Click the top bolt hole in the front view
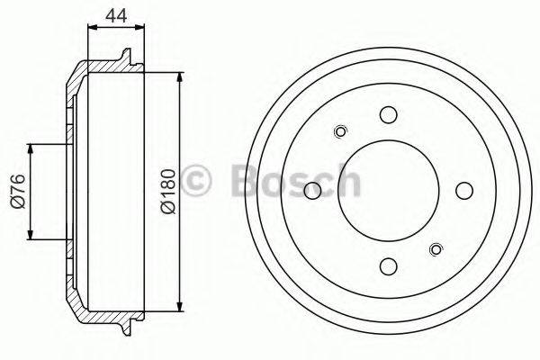click(388, 115)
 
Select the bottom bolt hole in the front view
click(388, 266)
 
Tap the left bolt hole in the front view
click(312, 191)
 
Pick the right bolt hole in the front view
click(463, 191)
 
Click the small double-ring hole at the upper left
click(340, 133)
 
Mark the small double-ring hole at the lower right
click(436, 249)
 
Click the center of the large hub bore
click(388, 191)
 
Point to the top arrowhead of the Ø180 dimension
click(181, 75)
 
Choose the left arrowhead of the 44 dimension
click(91, 28)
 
